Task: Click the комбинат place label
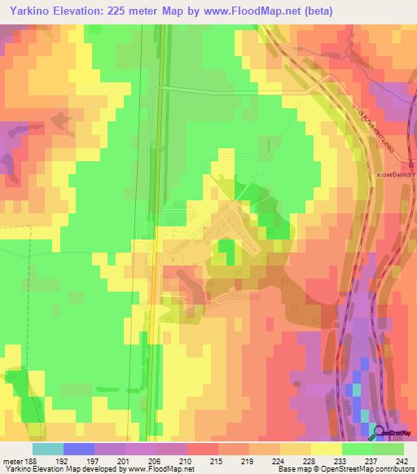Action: point(397,173)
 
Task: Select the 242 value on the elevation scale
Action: point(402,460)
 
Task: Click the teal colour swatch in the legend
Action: point(48,449)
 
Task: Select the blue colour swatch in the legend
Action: point(79,449)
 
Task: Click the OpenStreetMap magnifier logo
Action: point(380,432)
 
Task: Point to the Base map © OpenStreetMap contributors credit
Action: point(345,469)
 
